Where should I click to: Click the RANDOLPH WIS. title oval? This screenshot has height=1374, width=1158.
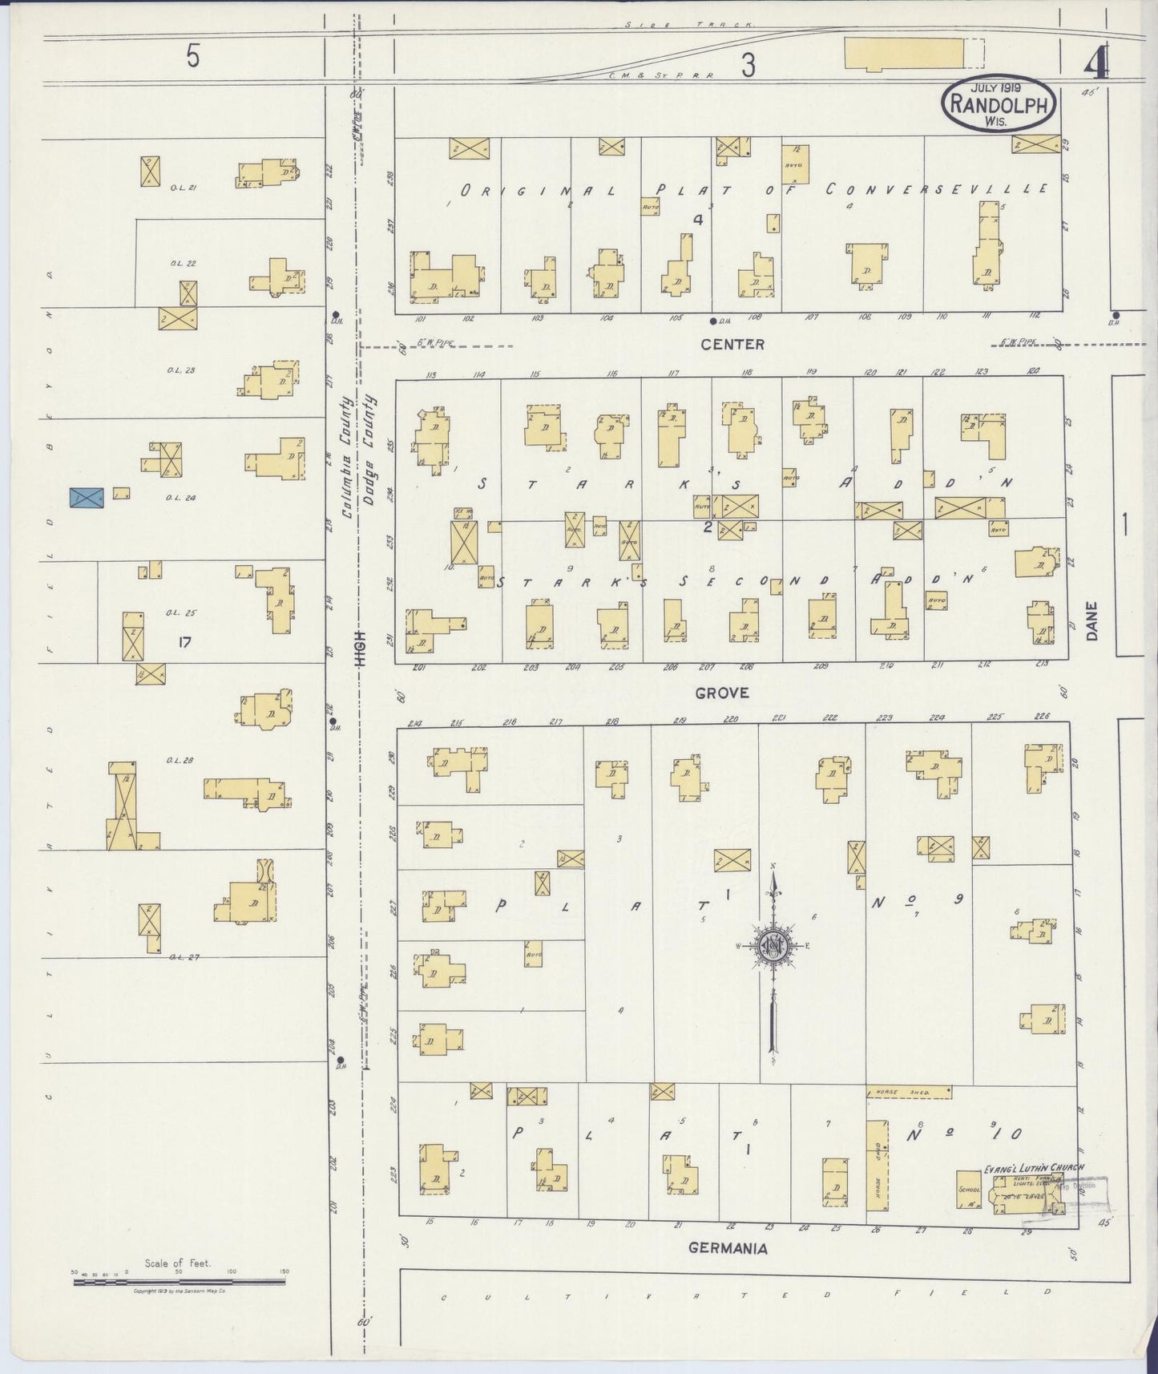[999, 103]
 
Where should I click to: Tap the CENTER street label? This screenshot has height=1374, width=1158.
[732, 345]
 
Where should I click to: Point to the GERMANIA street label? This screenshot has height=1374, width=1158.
[728, 1248]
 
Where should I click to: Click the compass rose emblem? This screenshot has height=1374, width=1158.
[773, 946]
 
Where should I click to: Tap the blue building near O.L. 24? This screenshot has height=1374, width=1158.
[87, 498]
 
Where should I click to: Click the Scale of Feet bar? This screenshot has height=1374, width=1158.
[179, 1282]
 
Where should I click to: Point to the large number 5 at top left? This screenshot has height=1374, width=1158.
[192, 57]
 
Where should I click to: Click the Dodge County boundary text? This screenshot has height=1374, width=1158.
[369, 449]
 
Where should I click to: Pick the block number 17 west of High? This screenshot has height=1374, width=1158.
[184, 641]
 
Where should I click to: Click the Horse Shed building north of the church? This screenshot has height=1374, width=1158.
[909, 1092]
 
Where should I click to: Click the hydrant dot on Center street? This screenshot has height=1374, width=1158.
[712, 321]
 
